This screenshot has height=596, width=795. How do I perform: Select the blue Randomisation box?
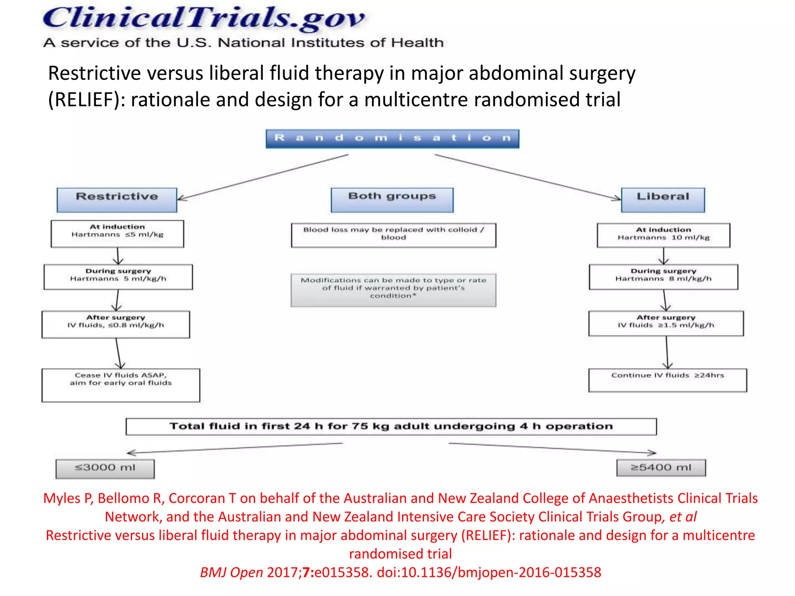tap(392, 139)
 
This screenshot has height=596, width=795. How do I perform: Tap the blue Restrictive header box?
tap(117, 200)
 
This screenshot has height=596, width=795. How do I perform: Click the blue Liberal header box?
tap(663, 200)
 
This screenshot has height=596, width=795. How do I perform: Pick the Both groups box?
tap(392, 200)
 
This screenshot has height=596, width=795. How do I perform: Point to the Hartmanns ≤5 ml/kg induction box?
tap(117, 234)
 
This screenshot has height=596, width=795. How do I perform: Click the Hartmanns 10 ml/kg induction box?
tap(663, 235)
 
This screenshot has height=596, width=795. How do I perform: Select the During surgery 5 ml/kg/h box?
tap(118, 277)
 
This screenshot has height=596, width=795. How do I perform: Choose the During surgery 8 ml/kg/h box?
tap(663, 277)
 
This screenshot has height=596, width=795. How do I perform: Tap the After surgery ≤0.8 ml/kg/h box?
tap(116, 324)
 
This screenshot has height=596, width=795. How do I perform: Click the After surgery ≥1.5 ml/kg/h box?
tap(666, 323)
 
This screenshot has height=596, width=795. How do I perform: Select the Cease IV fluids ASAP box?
tap(121, 385)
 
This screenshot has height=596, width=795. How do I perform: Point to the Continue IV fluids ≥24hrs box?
tap(667, 380)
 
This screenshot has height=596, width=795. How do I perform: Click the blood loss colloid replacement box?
tap(393, 235)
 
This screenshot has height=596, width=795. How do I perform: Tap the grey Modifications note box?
tap(393, 290)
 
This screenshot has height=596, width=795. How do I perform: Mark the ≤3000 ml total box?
tap(105, 468)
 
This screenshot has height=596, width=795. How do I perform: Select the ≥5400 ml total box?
tap(661, 468)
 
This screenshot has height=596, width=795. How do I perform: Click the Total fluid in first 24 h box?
tap(391, 426)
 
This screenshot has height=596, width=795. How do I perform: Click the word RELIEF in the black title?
tap(83, 100)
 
